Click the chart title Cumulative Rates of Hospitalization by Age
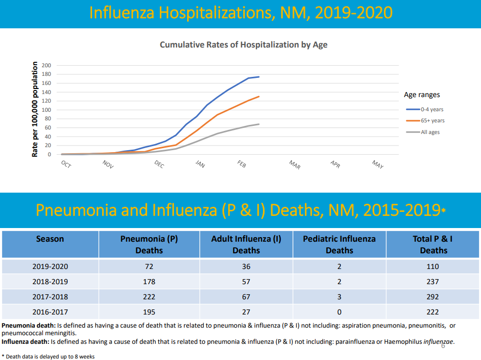click(243, 45)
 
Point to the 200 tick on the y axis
click(47, 65)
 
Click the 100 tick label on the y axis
click(47, 110)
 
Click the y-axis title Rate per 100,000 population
click(35, 109)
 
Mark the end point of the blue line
click(259, 77)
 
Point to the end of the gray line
click(259, 124)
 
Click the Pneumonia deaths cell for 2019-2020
click(149, 266)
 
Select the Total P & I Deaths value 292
click(433, 297)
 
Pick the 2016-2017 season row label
click(50, 312)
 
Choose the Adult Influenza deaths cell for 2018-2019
click(246, 282)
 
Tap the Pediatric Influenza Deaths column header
click(339, 244)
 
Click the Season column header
click(50, 239)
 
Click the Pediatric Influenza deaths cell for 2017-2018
click(339, 297)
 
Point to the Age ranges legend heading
click(422, 95)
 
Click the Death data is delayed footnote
click(48, 356)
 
